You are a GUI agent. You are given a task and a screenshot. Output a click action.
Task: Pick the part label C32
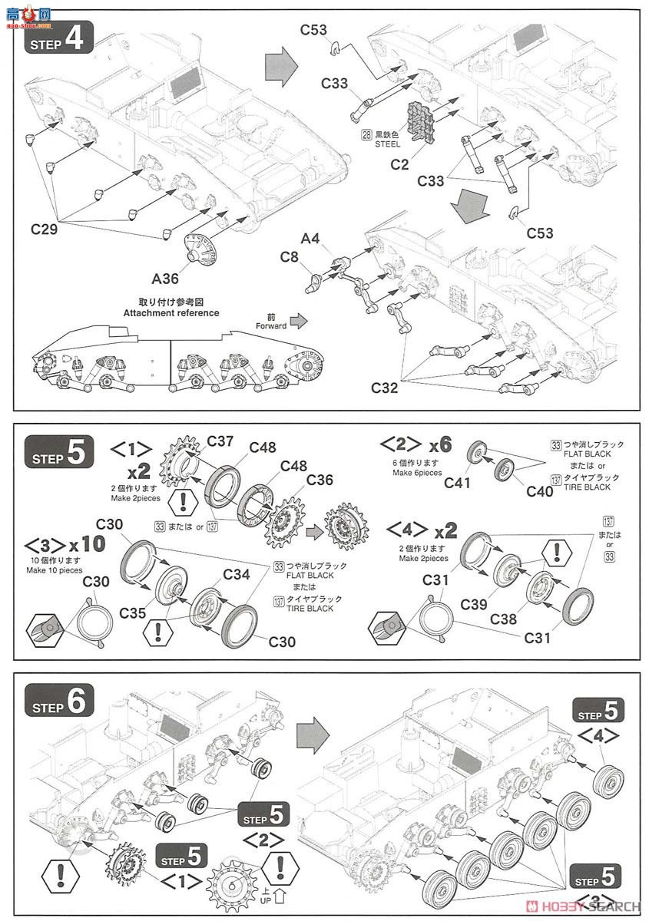[386, 388]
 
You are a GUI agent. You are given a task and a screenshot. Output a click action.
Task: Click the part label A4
[310, 239]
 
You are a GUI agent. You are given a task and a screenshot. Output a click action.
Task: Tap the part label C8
[290, 258]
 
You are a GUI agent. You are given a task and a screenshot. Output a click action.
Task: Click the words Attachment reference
[171, 313]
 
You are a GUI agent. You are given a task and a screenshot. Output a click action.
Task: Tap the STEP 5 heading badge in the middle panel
[61, 454]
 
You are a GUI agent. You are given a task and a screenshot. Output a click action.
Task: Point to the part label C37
[220, 441]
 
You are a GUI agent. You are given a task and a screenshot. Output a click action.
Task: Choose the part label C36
[320, 479]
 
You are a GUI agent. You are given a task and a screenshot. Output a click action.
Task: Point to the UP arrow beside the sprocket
[281, 895]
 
